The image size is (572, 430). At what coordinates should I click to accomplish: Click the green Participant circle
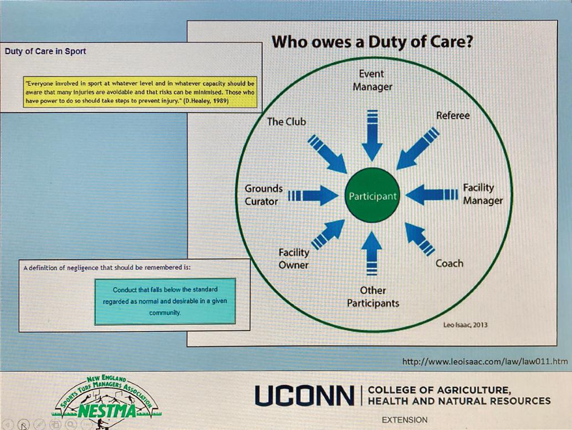click(372, 196)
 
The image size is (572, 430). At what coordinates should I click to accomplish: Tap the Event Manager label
click(372, 80)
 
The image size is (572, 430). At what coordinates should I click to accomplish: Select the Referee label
click(452, 115)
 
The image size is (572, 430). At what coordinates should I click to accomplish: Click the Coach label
click(449, 263)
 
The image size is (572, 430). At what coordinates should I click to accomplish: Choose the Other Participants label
click(372, 296)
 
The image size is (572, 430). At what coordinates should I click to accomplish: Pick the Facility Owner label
click(294, 258)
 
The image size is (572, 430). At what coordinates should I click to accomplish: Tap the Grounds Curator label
click(263, 194)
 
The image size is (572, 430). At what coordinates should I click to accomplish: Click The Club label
click(286, 121)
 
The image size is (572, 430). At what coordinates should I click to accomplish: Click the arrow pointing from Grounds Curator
click(314, 195)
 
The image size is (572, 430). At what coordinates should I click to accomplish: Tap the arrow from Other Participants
click(372, 253)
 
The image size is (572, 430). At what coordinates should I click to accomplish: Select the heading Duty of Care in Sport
click(45, 52)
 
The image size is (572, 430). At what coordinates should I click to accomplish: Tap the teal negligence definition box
click(165, 301)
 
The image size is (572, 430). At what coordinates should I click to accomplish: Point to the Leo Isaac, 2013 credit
click(465, 325)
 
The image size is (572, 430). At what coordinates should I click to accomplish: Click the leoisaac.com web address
click(485, 361)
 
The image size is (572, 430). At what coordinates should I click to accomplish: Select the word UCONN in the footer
click(304, 396)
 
